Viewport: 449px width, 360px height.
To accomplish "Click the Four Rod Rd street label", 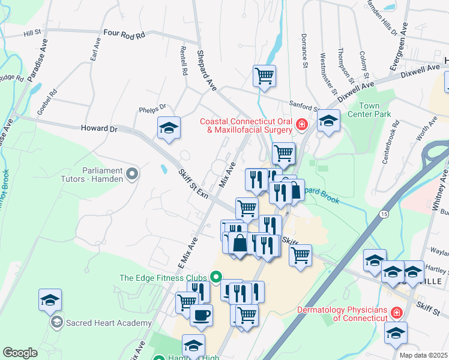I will pyautogui.click(x=124, y=35).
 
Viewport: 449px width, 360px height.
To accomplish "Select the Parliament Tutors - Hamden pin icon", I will pyautogui.click(x=133, y=175).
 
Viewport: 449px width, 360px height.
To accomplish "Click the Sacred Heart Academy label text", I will pyautogui.click(x=109, y=323).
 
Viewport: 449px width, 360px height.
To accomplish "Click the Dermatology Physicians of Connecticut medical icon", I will pyautogui.click(x=396, y=313).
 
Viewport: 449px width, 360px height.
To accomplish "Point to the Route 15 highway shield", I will pyautogui.click(x=382, y=214).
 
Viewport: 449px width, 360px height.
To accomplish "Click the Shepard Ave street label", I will pyautogui.click(x=206, y=71).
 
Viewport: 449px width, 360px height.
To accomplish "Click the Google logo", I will pyautogui.click(x=20, y=353).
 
